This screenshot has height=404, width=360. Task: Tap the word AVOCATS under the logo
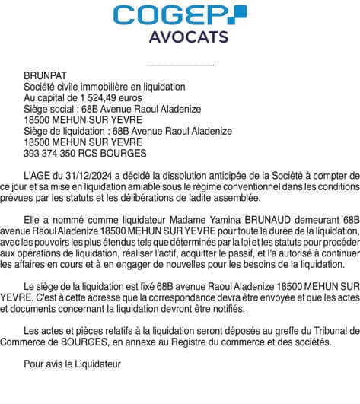pyautogui.click(x=180, y=37)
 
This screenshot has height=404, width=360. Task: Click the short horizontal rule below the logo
pyautogui.click(x=180, y=65)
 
